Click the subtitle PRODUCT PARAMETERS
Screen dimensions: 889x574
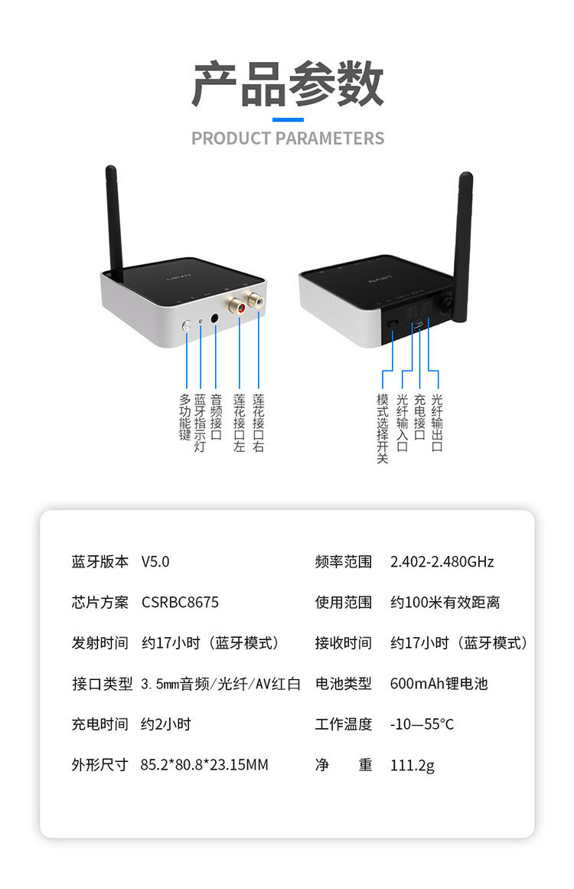click(x=287, y=139)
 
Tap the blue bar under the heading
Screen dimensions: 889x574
click(x=288, y=119)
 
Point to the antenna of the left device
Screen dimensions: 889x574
click(x=115, y=218)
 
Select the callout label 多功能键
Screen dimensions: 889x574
click(x=184, y=417)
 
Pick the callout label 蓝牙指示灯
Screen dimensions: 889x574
click(x=201, y=423)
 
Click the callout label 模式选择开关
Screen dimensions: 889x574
click(x=383, y=429)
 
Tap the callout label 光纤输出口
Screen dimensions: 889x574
click(x=437, y=423)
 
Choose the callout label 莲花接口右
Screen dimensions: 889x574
click(x=259, y=423)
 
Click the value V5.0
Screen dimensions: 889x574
click(x=155, y=561)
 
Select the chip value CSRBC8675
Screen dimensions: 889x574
click(x=180, y=603)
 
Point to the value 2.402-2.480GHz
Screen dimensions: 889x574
click(x=442, y=561)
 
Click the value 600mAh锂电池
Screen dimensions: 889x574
click(x=439, y=683)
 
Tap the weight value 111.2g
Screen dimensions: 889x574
click(x=412, y=765)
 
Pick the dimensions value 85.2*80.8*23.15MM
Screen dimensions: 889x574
click(x=204, y=764)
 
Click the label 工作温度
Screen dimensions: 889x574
click(x=344, y=724)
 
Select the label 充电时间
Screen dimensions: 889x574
click(x=100, y=724)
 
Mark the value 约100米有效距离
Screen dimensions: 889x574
click(x=445, y=603)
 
